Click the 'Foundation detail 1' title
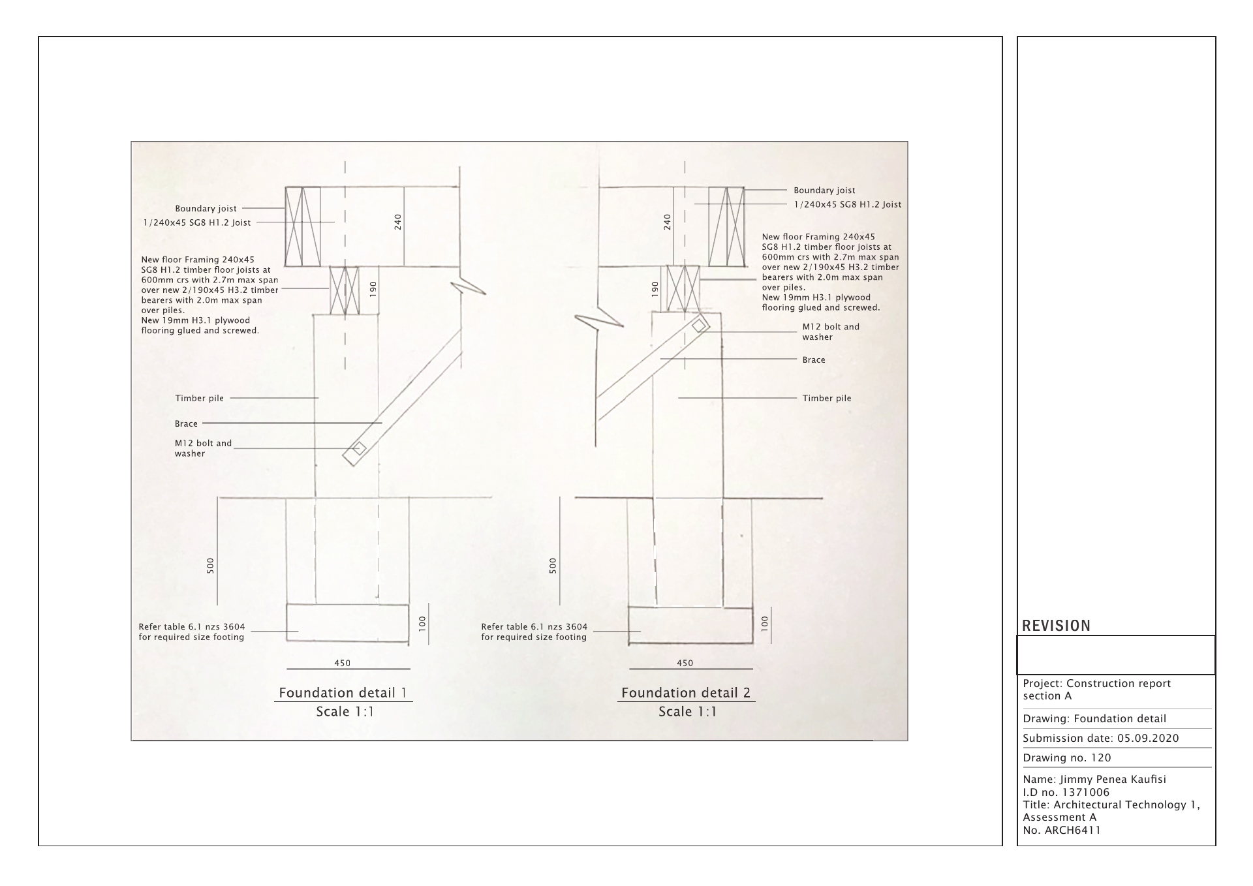click(x=343, y=693)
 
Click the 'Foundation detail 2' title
click(x=686, y=693)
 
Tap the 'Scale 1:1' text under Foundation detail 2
click(x=687, y=711)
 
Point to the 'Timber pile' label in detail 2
click(x=826, y=398)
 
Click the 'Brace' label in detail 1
click(x=186, y=423)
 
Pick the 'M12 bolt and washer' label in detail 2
click(x=830, y=331)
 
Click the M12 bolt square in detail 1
click(x=358, y=448)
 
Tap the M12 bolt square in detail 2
click(x=699, y=325)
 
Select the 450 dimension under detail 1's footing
click(x=343, y=663)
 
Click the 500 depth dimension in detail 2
click(x=553, y=565)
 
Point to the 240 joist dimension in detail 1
click(x=398, y=222)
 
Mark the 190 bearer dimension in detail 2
click(x=655, y=290)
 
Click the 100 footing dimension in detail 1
click(x=422, y=624)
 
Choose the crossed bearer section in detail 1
click(x=344, y=291)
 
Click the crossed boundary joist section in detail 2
click(x=726, y=226)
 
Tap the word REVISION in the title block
click(x=1056, y=626)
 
